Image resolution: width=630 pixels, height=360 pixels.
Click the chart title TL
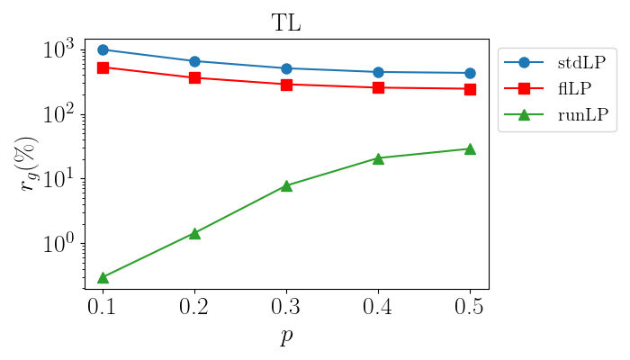click(286, 24)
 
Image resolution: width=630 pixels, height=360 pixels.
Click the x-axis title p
click(286, 337)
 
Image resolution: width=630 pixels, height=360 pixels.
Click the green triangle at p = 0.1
click(103, 277)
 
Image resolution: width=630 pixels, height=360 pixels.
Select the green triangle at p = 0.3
click(286, 185)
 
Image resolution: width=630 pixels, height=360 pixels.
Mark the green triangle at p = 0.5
click(470, 148)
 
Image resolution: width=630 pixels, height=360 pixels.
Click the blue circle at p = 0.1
click(103, 49)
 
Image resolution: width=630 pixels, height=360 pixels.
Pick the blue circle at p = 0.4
click(378, 72)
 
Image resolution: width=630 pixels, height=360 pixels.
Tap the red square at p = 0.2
click(194, 77)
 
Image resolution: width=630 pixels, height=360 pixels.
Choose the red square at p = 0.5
click(470, 89)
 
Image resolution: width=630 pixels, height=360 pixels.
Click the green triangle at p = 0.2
click(194, 233)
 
